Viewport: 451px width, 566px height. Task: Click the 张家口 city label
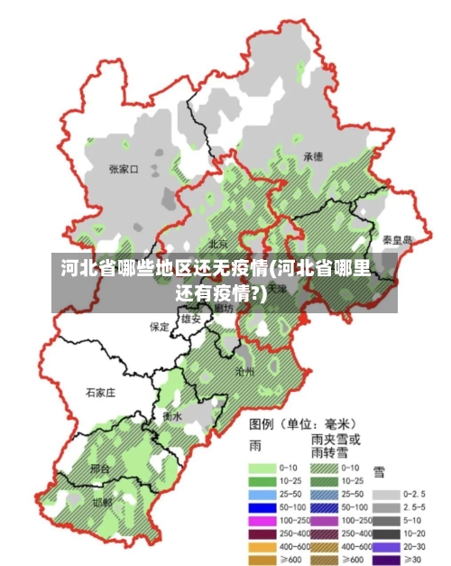[x=123, y=169]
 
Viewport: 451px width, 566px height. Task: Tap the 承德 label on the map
[x=313, y=156]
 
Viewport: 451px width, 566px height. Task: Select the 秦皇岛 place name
[x=396, y=240]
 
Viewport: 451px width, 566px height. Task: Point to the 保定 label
[x=160, y=326]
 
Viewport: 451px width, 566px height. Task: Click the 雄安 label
[x=191, y=319]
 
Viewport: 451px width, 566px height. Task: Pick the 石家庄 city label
[x=100, y=393]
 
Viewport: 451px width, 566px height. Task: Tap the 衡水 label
[x=172, y=416]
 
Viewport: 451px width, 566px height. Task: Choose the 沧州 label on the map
[x=244, y=371]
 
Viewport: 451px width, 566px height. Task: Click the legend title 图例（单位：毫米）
[x=302, y=422]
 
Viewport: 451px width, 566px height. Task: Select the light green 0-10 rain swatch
[x=261, y=468]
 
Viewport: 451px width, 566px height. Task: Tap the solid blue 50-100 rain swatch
[x=261, y=508]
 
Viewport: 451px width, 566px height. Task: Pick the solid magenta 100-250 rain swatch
[x=261, y=521]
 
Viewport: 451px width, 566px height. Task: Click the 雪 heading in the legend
[x=380, y=470]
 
